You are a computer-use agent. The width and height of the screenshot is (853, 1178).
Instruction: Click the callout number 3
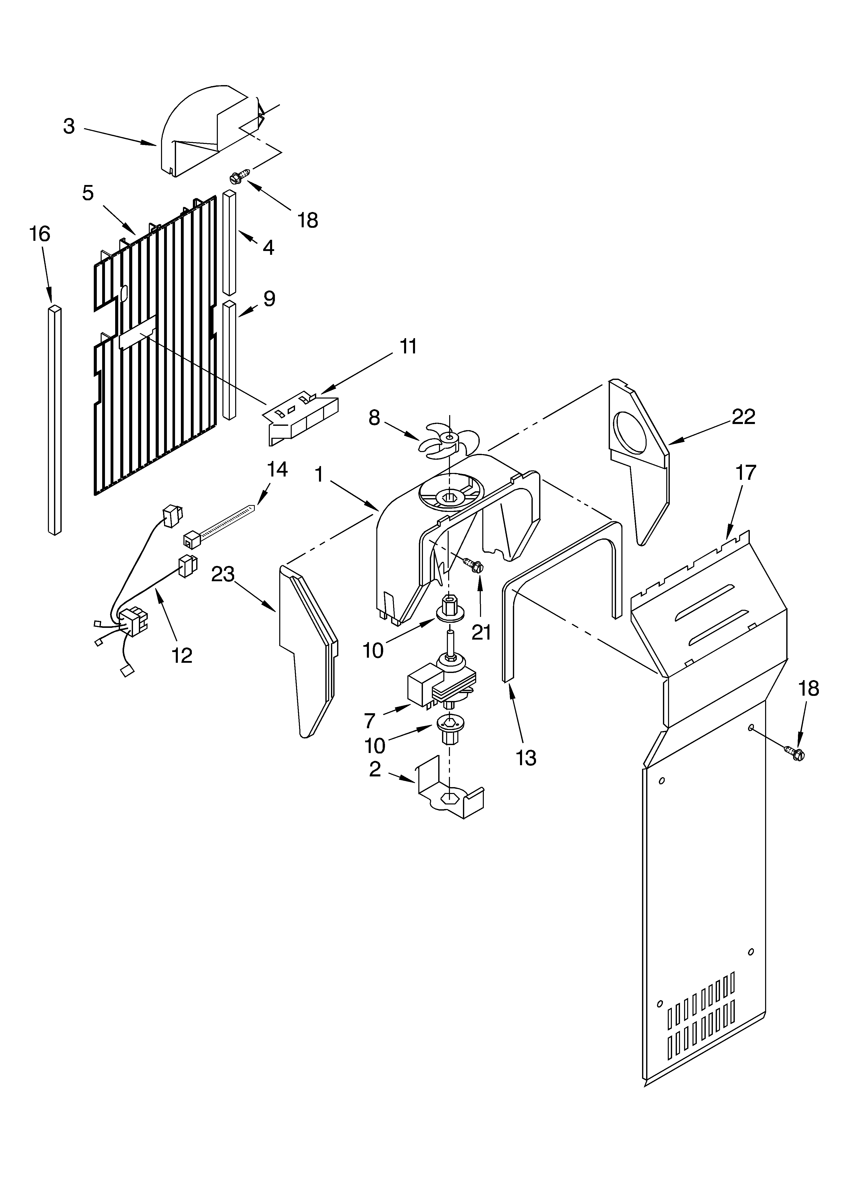click(x=69, y=126)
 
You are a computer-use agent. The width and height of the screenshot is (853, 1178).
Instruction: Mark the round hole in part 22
click(x=630, y=432)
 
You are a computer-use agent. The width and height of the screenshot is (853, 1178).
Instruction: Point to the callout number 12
click(x=182, y=655)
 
